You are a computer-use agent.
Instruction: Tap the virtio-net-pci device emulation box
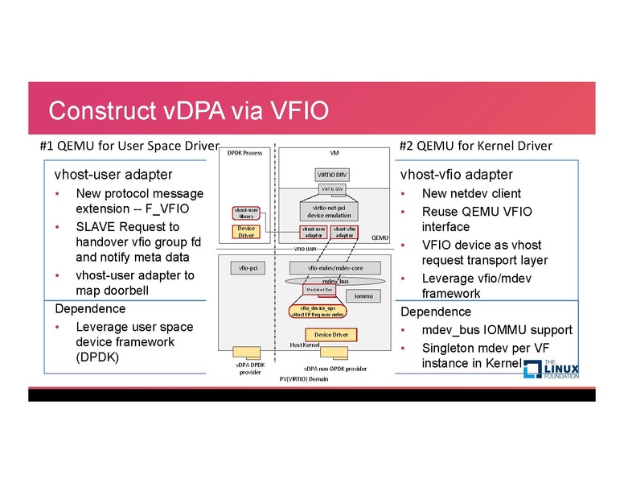328,211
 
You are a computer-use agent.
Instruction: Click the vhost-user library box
246,213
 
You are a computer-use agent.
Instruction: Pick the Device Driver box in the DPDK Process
246,232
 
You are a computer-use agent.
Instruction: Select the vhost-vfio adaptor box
345,232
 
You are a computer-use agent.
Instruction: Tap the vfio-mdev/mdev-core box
328,267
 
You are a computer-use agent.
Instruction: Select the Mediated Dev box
318,290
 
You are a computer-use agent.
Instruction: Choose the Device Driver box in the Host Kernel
330,334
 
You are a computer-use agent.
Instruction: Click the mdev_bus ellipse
334,281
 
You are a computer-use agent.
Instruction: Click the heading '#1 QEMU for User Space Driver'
129,146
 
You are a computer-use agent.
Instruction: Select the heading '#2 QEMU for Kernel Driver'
475,146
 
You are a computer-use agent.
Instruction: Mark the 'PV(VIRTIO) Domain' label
304,378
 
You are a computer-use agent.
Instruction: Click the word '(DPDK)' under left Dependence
97,357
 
